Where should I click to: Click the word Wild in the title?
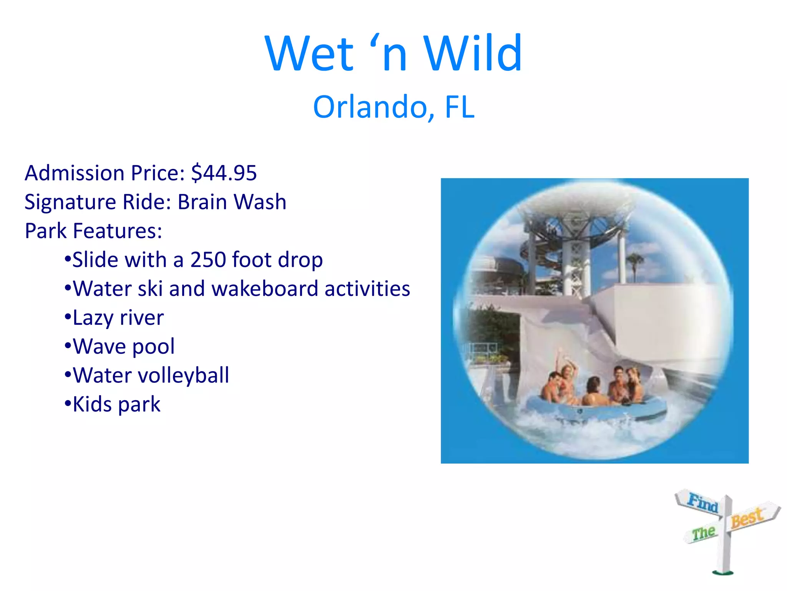(473, 54)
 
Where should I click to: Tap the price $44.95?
(224, 173)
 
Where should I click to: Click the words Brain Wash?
(232, 202)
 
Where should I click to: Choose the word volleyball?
(191, 376)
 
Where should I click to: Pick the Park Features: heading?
(93, 231)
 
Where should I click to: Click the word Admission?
(75, 173)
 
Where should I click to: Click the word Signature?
(70, 202)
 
